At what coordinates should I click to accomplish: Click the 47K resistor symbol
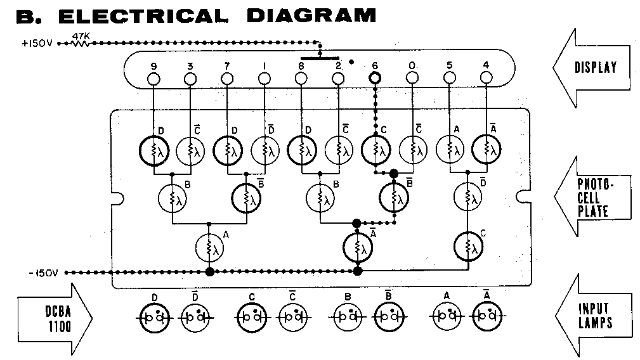click(81, 43)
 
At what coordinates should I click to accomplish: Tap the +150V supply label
click(37, 43)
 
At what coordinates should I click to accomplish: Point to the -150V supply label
click(43, 273)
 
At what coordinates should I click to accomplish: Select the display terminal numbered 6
click(375, 78)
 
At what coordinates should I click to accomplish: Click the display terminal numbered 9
click(153, 79)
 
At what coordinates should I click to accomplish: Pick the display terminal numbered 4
click(486, 77)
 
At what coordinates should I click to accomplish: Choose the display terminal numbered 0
click(412, 77)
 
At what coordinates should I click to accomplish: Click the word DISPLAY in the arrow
click(596, 67)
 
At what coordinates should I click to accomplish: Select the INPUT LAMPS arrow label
click(596, 316)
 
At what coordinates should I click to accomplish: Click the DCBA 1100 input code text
click(58, 319)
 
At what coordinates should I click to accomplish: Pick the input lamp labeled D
click(154, 317)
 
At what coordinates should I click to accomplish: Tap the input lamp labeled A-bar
click(487, 316)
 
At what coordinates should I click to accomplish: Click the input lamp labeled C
click(251, 317)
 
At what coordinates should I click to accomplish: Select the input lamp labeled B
click(348, 316)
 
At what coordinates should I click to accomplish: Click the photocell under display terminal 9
click(154, 150)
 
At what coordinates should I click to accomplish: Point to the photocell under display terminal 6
click(376, 150)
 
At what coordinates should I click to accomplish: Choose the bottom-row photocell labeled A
click(209, 247)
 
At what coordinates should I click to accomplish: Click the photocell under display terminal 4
click(486, 149)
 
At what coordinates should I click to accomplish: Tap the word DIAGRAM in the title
click(311, 15)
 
